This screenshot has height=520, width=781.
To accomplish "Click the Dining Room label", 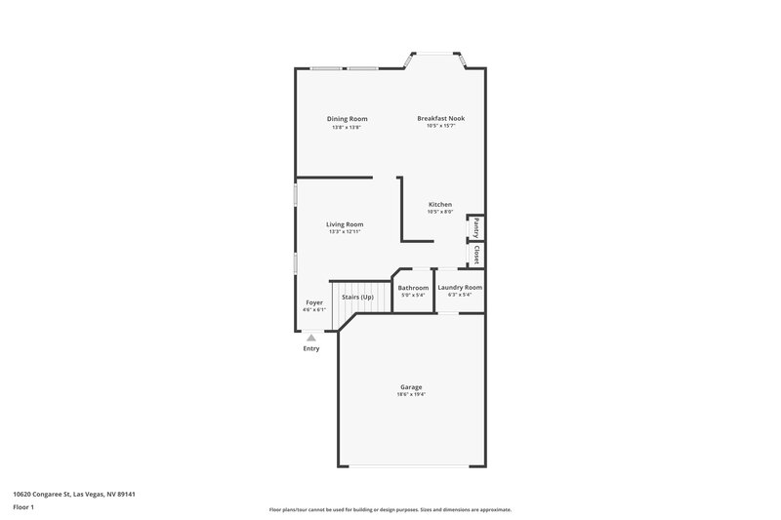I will tap(347, 119).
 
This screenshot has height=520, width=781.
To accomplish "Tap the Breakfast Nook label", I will tap(440, 118).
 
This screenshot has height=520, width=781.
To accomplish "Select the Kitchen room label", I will tap(440, 204).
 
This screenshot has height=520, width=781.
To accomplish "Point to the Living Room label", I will tap(345, 224).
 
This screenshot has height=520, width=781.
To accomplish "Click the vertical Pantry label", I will tap(475, 227).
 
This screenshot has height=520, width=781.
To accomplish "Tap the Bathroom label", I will tap(413, 288).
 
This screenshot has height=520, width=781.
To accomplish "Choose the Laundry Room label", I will tap(460, 288).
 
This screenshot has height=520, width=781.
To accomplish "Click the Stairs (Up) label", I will tap(357, 297).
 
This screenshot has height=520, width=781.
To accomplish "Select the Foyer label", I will tap(314, 302).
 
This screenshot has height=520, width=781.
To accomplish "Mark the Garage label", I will tap(411, 386).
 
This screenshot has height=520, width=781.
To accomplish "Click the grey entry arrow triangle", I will tap(311, 338).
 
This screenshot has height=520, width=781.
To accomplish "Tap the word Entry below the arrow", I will tap(311, 348).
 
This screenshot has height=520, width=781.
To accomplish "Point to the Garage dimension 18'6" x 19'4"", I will tap(411, 394).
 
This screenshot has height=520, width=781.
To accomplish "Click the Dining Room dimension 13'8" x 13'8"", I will tap(347, 127).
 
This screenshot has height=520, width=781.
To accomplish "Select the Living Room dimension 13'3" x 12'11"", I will tap(345, 232).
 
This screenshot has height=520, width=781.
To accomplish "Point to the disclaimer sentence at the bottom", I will tap(390, 510).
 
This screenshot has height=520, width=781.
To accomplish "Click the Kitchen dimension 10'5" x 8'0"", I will tap(440, 212).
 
